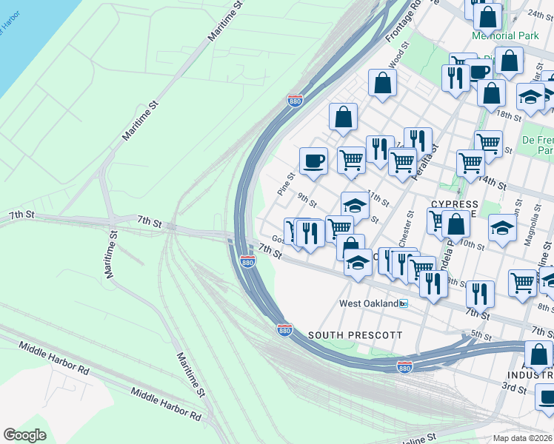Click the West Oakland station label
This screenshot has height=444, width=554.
[x=369, y=303]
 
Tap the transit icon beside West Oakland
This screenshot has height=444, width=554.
[x=404, y=303]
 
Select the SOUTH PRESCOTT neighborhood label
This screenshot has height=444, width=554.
[x=355, y=335]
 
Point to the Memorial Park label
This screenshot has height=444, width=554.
[x=504, y=36]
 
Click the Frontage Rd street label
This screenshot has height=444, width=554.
[x=403, y=22]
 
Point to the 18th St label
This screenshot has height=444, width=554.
[x=510, y=115]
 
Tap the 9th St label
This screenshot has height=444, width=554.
[x=307, y=200]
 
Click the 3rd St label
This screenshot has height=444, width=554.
[x=514, y=386]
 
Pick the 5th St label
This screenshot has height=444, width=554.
[x=481, y=335]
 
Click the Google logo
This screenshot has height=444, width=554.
[x=24, y=435]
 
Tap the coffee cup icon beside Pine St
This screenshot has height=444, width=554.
[x=313, y=161]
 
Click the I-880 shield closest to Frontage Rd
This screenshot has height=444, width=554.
[x=295, y=100]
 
